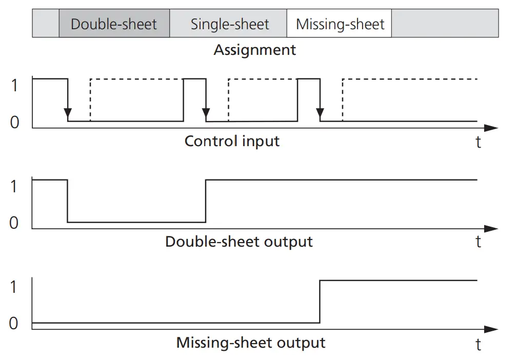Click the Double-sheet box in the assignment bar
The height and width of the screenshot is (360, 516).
point(114,24)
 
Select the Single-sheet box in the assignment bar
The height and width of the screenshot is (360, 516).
point(229,24)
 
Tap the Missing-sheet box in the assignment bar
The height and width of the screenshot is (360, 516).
point(340,24)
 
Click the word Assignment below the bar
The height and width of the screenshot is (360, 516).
point(254,50)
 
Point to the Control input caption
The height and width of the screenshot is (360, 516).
point(232,141)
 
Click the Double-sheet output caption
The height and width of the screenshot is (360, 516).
point(239,242)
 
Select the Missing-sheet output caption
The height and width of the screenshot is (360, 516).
point(250,343)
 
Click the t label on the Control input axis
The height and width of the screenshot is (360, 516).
point(478,142)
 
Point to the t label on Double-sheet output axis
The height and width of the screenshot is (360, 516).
point(478,242)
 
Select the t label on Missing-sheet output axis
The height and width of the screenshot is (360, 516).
point(478,344)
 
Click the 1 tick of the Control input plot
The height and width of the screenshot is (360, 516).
point(14,85)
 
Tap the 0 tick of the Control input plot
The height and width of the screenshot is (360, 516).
point(14,123)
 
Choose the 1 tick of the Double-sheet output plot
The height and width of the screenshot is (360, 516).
point(14,186)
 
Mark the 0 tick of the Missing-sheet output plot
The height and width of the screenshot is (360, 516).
point(14,324)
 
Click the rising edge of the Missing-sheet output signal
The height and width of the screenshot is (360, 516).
point(320,302)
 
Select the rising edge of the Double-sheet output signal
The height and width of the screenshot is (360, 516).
point(206,201)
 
